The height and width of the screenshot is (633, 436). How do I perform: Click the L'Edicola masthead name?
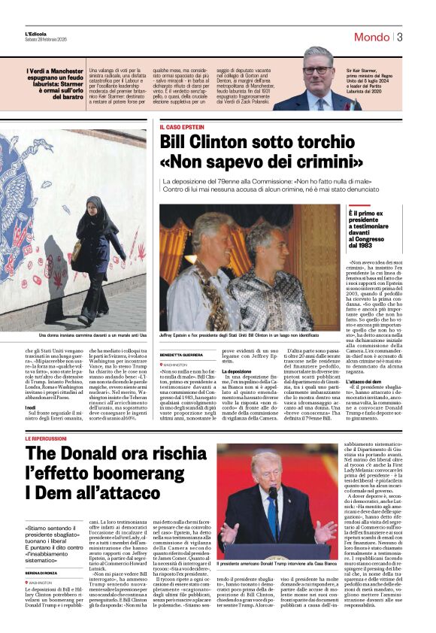tap(35, 35)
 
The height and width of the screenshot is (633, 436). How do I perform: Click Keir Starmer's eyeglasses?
tap(316, 70)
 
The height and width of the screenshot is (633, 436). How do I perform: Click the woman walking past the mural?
tap(90, 259)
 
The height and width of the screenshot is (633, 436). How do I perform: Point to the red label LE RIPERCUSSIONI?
tap(50, 438)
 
